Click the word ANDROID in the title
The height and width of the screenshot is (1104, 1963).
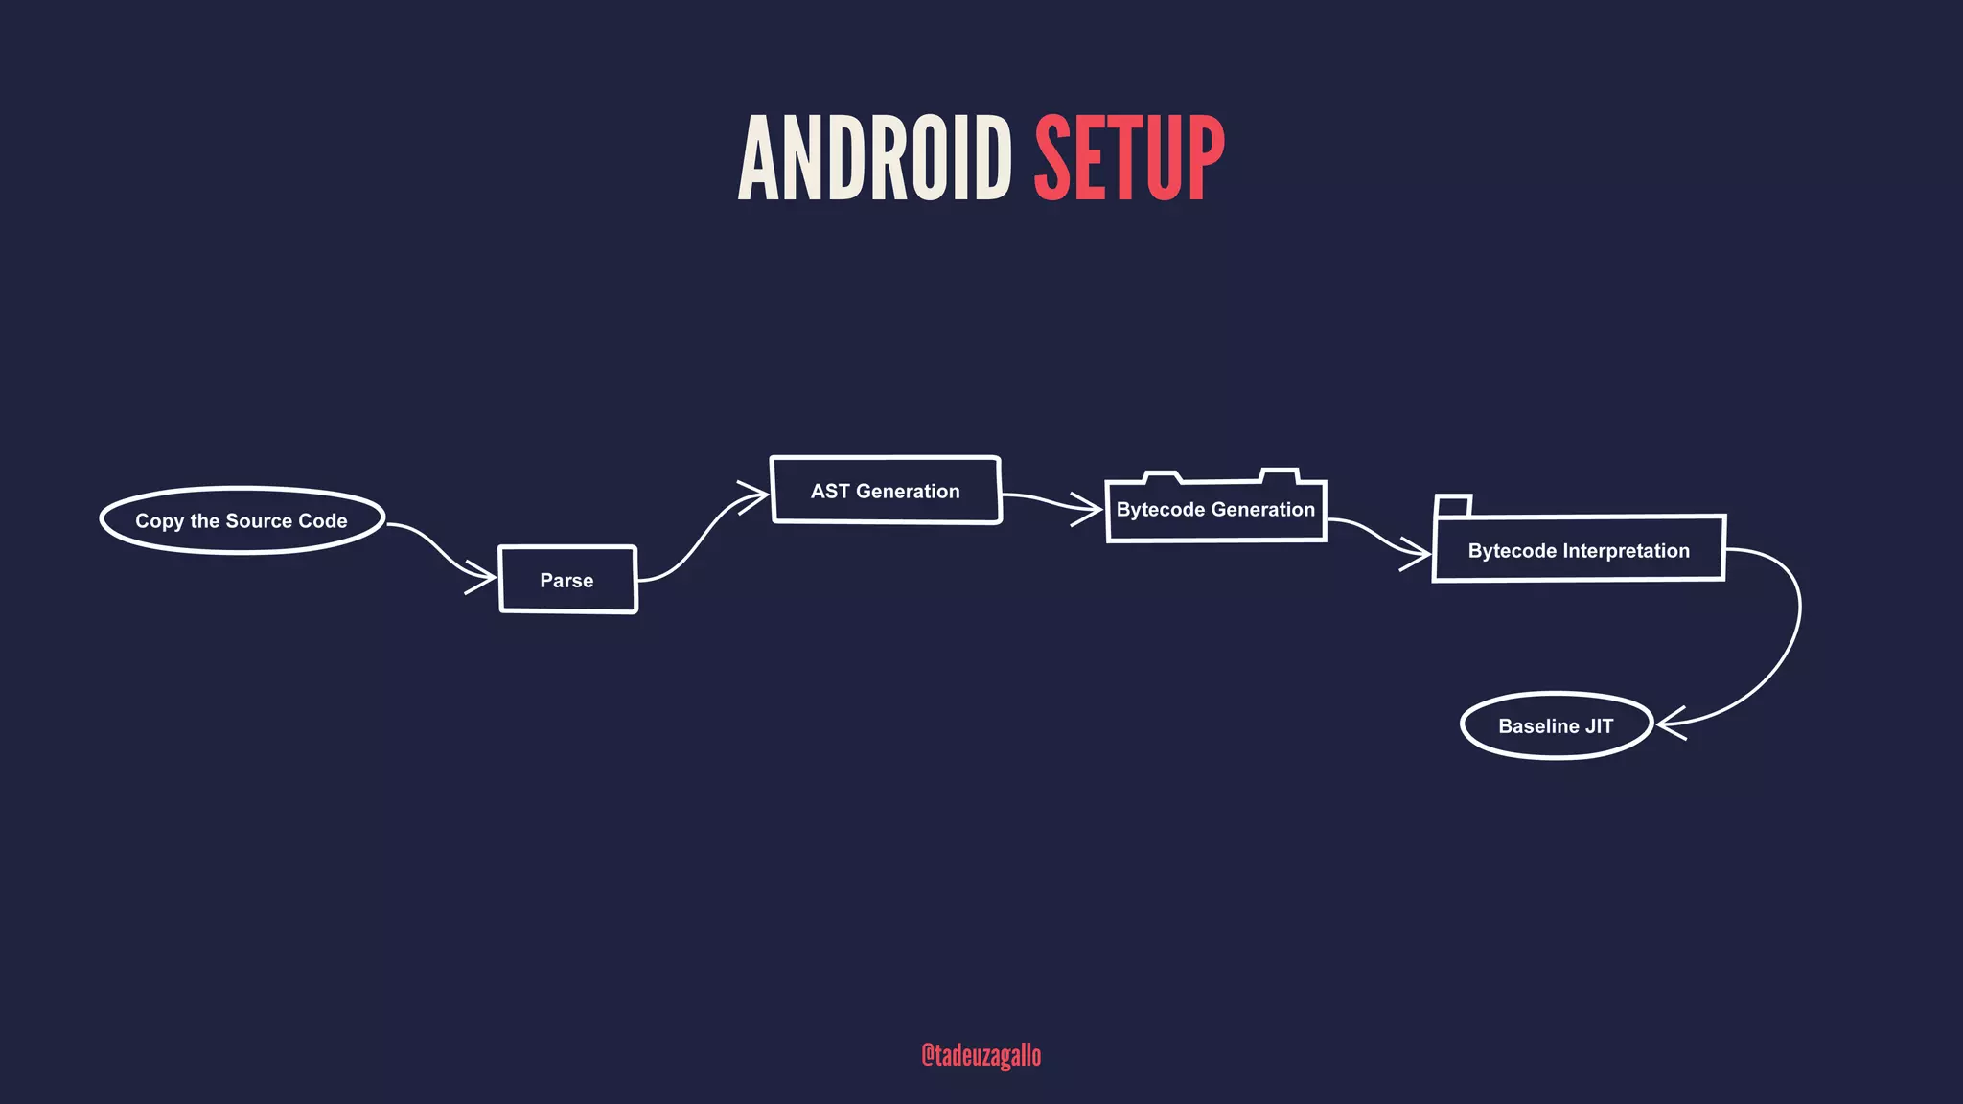pyautogui.click(x=874, y=158)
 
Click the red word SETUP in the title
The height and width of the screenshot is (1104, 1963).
pyautogui.click(x=1129, y=158)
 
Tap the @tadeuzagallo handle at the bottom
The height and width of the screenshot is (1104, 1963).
pyautogui.click(x=981, y=1055)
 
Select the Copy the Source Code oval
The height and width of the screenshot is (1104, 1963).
pyautogui.click(x=242, y=520)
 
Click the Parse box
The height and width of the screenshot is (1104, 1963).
pyautogui.click(x=567, y=580)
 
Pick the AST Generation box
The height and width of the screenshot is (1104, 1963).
pyautogui.click(x=886, y=491)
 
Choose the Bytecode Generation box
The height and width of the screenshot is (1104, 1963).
pyautogui.click(x=1215, y=510)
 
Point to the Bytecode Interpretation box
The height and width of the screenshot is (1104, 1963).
pyautogui.click(x=1579, y=550)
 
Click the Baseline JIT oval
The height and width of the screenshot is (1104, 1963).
pyautogui.click(x=1556, y=725)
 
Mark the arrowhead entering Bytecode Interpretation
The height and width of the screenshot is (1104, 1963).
pyautogui.click(x=1420, y=553)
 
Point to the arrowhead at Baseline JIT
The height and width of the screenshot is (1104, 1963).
pyautogui.click(x=1668, y=724)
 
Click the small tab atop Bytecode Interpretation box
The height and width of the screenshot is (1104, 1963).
pyautogui.click(x=1453, y=506)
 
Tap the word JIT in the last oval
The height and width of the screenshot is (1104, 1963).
pyautogui.click(x=1599, y=726)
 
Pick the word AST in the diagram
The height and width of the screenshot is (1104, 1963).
pyautogui.click(x=830, y=492)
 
